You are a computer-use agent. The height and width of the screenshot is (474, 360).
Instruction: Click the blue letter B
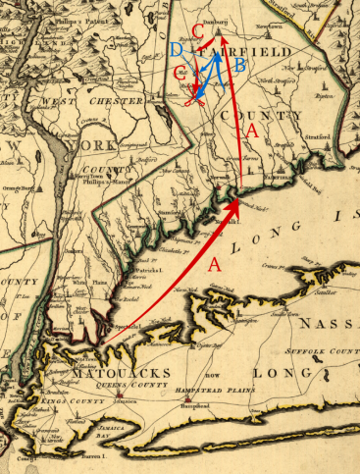(239, 65)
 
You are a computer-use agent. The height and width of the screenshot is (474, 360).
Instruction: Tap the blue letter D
(176, 50)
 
